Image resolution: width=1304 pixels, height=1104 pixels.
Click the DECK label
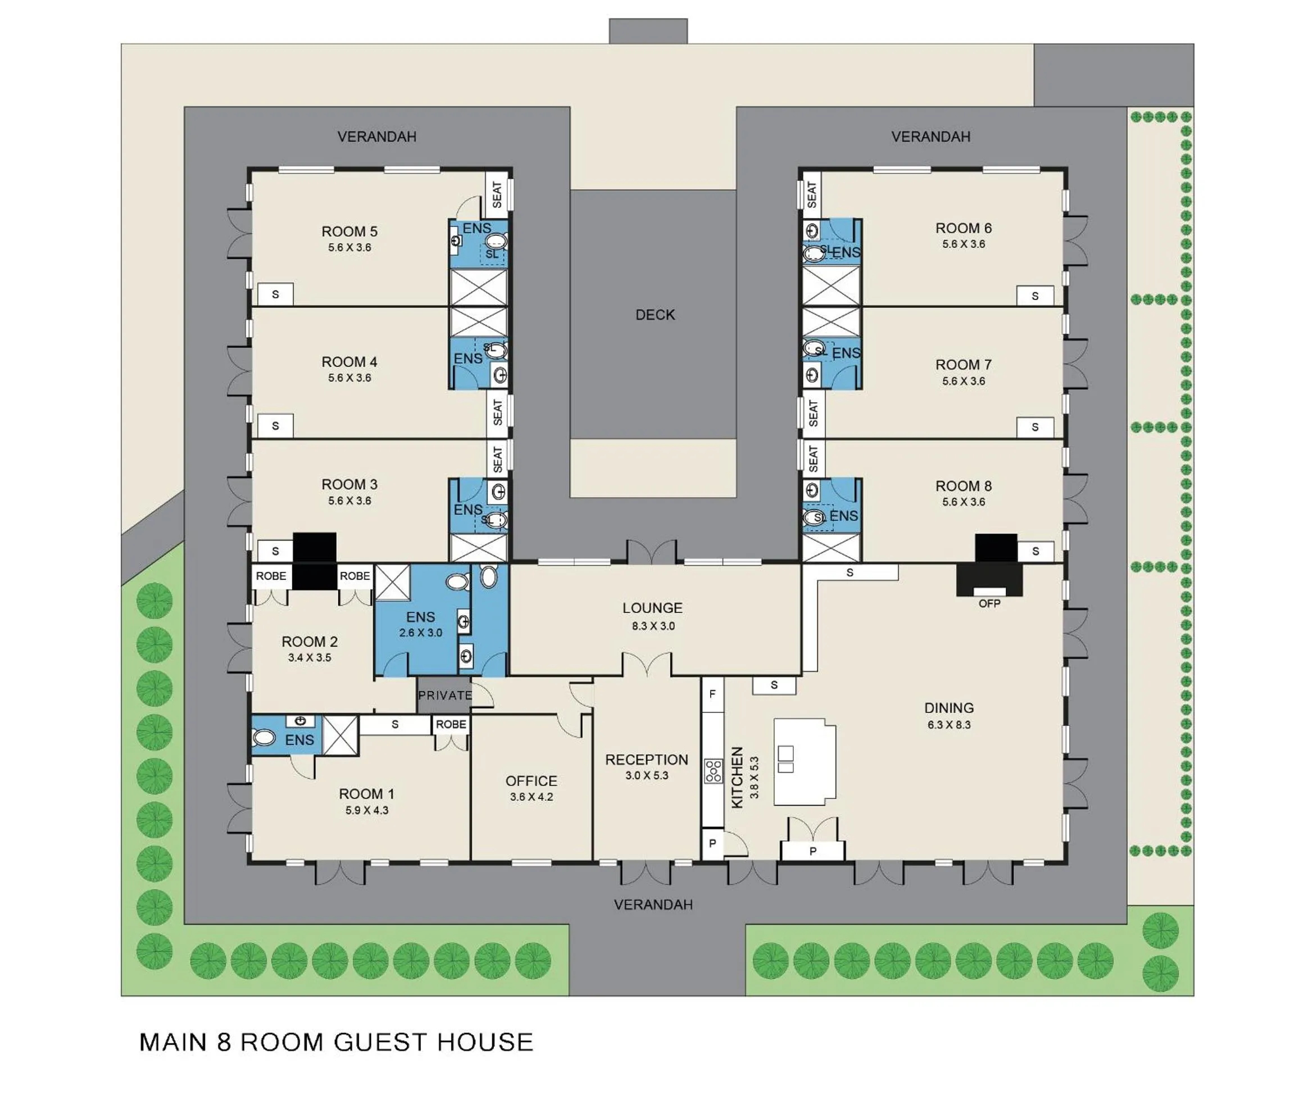coord(655,315)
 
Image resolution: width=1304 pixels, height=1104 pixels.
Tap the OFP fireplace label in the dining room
coord(989,603)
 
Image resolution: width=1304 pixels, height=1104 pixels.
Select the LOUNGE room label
coord(652,608)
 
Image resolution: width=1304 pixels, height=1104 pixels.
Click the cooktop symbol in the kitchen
coord(713,770)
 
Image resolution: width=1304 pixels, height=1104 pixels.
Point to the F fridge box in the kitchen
coord(711,693)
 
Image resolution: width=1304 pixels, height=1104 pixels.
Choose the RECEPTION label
coord(646,760)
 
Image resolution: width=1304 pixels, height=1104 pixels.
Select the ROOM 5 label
coord(349,231)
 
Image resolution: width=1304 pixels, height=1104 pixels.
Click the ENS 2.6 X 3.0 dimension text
coord(420,633)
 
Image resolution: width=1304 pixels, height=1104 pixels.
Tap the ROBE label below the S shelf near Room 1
coord(451,724)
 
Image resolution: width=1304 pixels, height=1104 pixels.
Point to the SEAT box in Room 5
coord(497,194)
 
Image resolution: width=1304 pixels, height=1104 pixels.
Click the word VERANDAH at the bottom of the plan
coord(653,905)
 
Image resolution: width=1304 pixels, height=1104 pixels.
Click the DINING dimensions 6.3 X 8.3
coord(948,725)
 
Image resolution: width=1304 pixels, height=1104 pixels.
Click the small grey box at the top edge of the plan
coord(648,31)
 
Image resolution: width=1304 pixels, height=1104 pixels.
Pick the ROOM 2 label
coord(309,642)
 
